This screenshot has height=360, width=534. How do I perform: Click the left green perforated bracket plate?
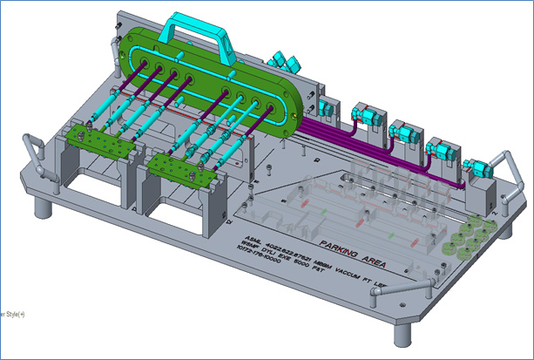click(x=97, y=139)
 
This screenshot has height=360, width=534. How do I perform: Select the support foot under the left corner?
click(x=39, y=208)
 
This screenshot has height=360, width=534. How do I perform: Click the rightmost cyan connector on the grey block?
click(x=477, y=166)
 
